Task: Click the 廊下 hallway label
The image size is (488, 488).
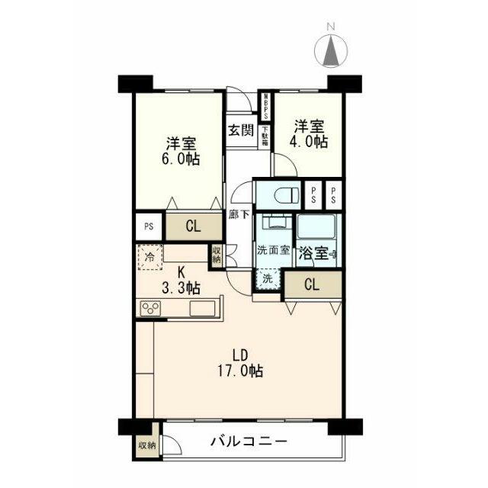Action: pyautogui.click(x=239, y=214)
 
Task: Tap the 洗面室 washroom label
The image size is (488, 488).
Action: pyautogui.click(x=272, y=250)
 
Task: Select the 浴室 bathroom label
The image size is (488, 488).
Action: pyautogui.click(x=314, y=253)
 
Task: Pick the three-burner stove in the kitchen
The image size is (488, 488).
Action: pyautogui.click(x=151, y=309)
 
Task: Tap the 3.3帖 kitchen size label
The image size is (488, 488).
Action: pyautogui.click(x=181, y=288)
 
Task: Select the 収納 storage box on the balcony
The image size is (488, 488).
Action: pyautogui.click(x=146, y=445)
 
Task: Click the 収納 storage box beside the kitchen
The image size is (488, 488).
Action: pyautogui.click(x=218, y=253)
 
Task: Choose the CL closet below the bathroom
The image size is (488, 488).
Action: pyautogui.click(x=312, y=285)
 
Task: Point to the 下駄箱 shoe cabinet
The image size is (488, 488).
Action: pyautogui.click(x=265, y=138)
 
